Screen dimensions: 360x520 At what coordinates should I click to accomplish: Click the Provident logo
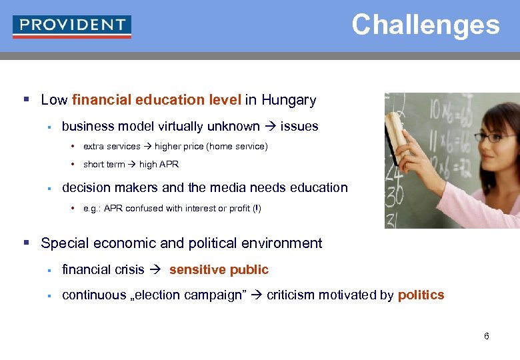pyautogui.click(x=72, y=26)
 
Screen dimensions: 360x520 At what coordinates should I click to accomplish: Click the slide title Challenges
pyautogui.click(x=425, y=25)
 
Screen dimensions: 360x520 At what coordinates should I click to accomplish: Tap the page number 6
pyautogui.click(x=487, y=336)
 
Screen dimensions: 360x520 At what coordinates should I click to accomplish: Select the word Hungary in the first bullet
pyautogui.click(x=289, y=100)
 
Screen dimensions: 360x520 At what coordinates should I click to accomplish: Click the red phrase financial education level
pyautogui.click(x=156, y=100)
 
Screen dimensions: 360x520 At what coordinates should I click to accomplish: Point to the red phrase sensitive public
pyautogui.click(x=219, y=269)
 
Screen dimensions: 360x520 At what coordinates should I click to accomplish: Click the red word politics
pyautogui.click(x=421, y=295)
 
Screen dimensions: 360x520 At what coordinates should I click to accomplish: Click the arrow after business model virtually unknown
pyautogui.click(x=270, y=126)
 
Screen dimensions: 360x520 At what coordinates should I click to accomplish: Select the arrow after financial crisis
pyautogui.click(x=157, y=269)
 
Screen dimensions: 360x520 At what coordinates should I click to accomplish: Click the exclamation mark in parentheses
pyautogui.click(x=255, y=208)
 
